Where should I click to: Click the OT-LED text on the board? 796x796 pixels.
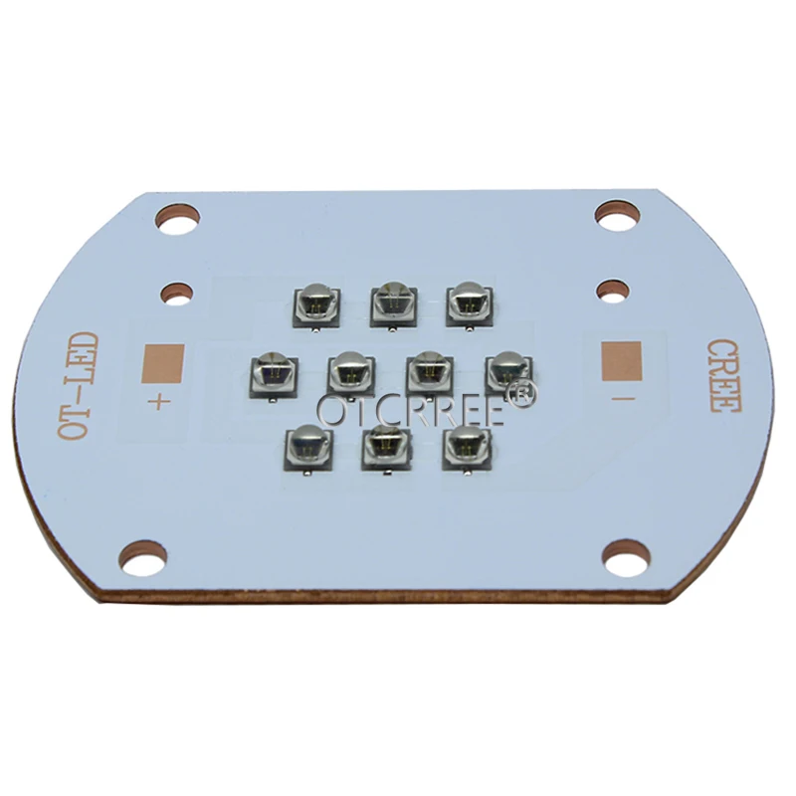[x=78, y=387]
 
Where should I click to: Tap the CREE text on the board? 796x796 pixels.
[x=723, y=376]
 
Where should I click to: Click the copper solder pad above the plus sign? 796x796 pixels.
[x=164, y=359]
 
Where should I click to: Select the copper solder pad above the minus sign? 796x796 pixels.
[x=621, y=361]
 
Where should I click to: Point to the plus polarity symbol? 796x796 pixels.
[x=159, y=403]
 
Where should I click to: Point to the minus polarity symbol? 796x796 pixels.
[x=623, y=399]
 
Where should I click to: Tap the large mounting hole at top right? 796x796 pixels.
[x=617, y=216]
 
